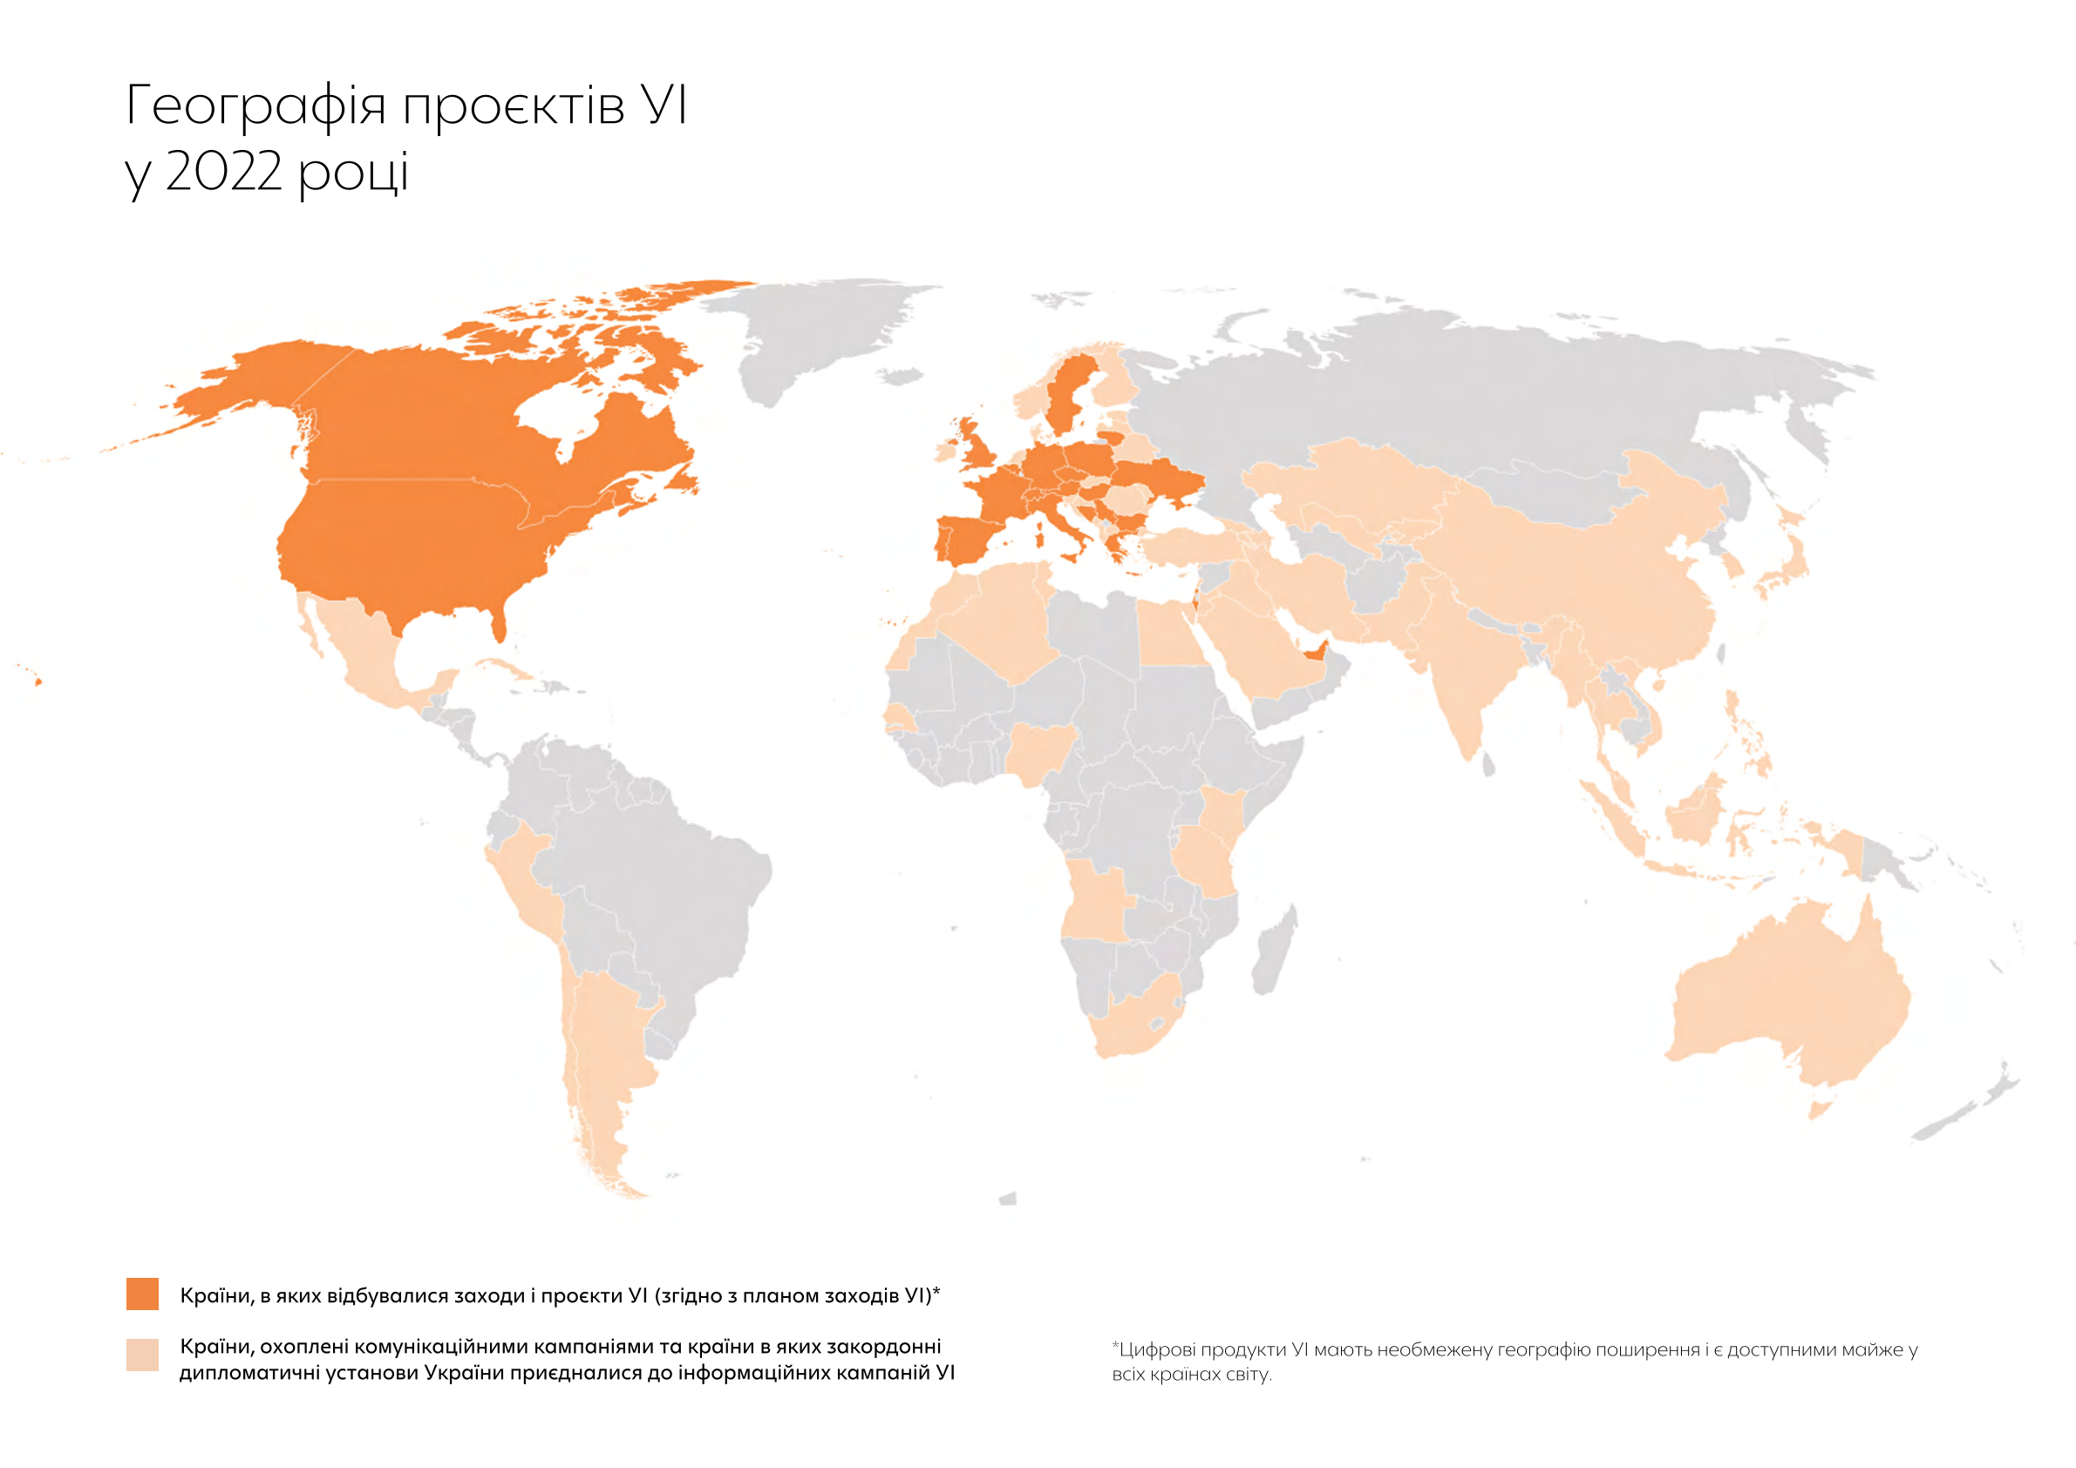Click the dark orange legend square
tap(142, 1294)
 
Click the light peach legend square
tap(142, 1355)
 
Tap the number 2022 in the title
tap(223, 170)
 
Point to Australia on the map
tap(1786, 995)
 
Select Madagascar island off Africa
tap(1275, 954)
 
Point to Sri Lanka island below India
tap(1488, 767)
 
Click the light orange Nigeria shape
tap(1040, 751)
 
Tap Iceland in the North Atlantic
tap(900, 376)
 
